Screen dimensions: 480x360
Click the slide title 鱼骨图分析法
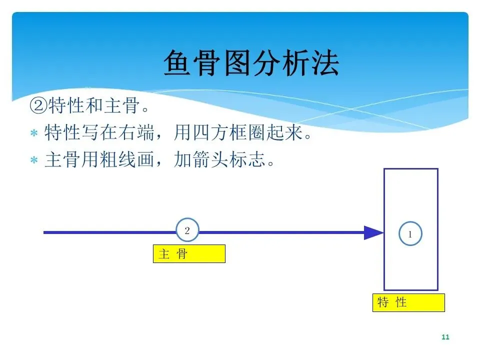click(x=251, y=63)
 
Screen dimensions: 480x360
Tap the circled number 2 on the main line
click(x=187, y=231)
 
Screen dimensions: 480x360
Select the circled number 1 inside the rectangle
click(x=410, y=233)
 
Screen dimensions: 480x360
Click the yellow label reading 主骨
click(x=189, y=253)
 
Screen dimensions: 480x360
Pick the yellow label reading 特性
click(x=408, y=302)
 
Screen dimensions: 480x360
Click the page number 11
click(x=445, y=337)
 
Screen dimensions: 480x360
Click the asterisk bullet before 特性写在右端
click(x=34, y=134)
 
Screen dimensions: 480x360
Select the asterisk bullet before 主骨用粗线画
click(x=34, y=161)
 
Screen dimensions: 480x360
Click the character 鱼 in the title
click(x=178, y=63)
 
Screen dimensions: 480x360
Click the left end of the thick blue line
click(x=45, y=232)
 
